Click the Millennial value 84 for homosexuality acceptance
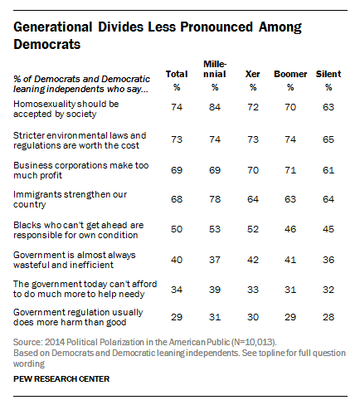[215, 107]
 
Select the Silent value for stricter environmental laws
[328, 139]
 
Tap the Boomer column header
[290, 74]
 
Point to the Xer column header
[252, 74]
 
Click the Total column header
[177, 74]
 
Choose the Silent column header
[328, 74]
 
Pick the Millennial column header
[215, 69]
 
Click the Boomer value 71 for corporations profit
[290, 170]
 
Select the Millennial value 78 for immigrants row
[215, 199]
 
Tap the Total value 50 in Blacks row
[177, 229]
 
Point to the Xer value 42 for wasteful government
[253, 260]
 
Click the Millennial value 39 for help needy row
[215, 290]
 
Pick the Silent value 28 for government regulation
[328, 317]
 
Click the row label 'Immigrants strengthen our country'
[70, 199]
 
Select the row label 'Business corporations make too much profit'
[81, 170]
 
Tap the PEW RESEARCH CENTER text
[61, 378]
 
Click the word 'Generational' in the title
[53, 27]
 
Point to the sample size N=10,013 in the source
[254, 342]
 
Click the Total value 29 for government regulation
[177, 317]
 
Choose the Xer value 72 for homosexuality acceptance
[253, 107]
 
